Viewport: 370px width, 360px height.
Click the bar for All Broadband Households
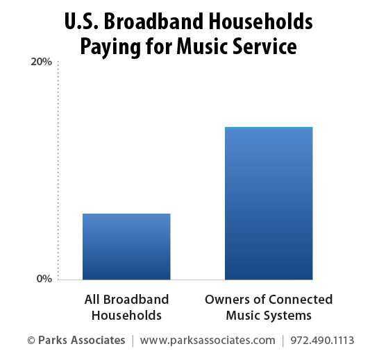tap(126, 246)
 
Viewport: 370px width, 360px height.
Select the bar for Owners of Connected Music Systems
tap(269, 203)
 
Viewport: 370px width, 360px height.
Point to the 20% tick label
tap(42, 62)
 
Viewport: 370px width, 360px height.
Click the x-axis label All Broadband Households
tap(126, 307)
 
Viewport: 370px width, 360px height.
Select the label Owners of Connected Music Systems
tap(269, 307)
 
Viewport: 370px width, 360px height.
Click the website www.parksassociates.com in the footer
tap(208, 341)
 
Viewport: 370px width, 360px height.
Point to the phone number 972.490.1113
tap(323, 341)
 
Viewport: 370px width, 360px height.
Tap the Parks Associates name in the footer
tap(82, 341)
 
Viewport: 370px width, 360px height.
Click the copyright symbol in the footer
tap(31, 341)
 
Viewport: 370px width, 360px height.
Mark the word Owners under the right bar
tap(224, 300)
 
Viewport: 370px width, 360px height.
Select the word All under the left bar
tap(92, 300)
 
